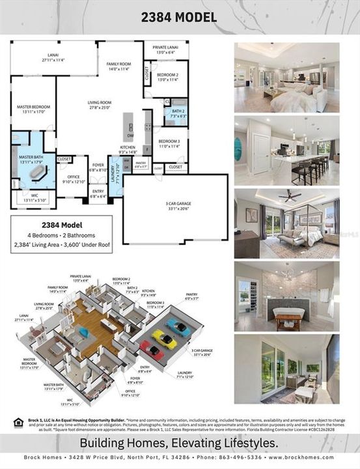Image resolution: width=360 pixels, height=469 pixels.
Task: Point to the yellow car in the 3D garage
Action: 164,338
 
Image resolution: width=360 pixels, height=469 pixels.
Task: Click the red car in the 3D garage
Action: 152,352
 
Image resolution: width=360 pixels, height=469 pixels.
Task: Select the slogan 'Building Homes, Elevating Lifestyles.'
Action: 180,442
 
